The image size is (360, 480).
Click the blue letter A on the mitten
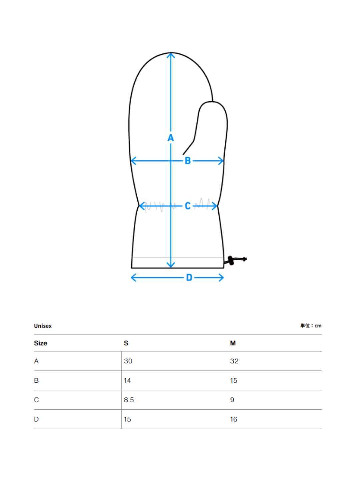[171, 138]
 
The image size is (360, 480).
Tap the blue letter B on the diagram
[188, 161]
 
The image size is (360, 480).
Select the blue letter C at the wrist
[188, 206]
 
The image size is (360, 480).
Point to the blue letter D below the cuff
[189, 278]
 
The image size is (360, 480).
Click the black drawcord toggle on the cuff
[231, 260]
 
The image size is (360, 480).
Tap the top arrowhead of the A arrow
[171, 56]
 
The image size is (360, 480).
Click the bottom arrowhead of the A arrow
[171, 265]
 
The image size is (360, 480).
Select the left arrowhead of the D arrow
[134, 278]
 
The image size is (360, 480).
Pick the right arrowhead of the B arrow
[221, 161]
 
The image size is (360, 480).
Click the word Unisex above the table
[43, 326]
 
